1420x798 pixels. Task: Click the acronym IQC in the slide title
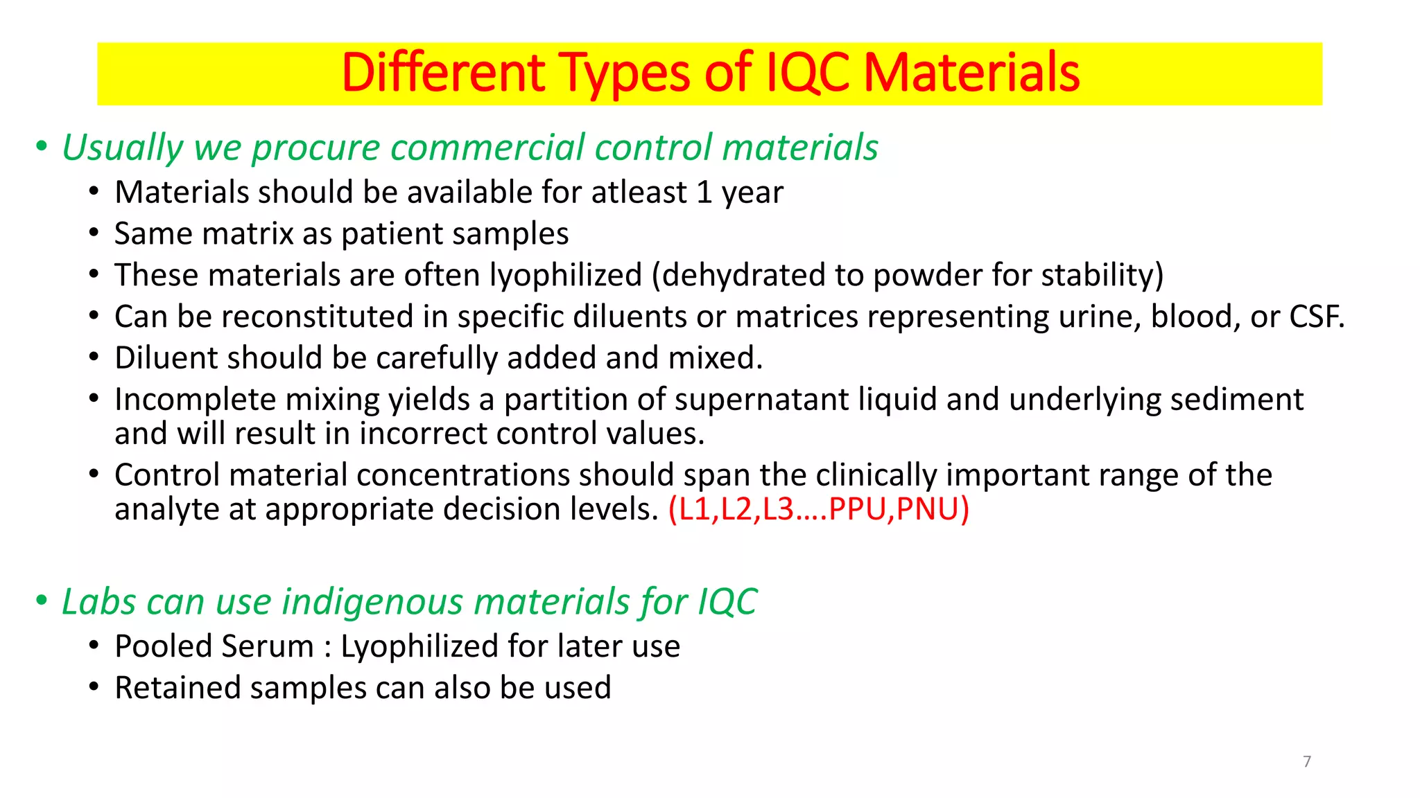[808, 73]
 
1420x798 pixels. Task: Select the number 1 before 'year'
[704, 193]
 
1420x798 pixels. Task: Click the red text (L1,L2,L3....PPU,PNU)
[818, 509]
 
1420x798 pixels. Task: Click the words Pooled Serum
[214, 646]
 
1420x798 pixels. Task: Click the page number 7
[1307, 761]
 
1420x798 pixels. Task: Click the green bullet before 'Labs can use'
[42, 601]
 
